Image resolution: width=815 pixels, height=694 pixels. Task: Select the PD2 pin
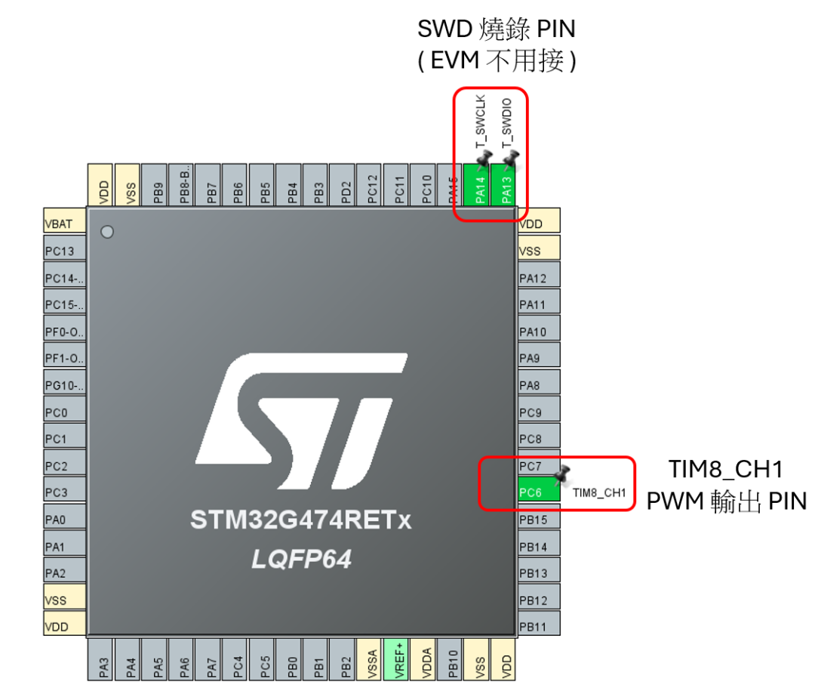point(345,185)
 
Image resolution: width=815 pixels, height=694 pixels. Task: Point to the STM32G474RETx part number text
point(301,521)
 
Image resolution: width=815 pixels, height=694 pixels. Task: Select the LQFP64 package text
point(301,560)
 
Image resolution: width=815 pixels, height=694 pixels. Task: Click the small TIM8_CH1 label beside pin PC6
point(599,493)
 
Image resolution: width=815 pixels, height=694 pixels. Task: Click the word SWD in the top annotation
point(444,29)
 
